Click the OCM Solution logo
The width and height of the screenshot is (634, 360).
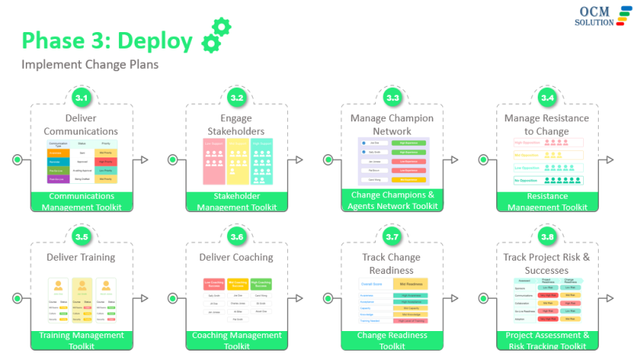pos(603,16)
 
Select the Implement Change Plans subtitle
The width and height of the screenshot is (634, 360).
pos(90,64)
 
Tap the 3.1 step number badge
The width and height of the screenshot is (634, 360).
pos(81,98)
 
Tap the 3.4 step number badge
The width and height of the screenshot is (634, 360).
pos(547,98)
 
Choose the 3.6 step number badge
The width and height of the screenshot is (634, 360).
pos(236,236)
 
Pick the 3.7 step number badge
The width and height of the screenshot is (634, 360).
pos(392,236)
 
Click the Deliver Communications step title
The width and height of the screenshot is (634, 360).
pos(81,124)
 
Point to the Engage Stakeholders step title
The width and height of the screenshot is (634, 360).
pos(236,124)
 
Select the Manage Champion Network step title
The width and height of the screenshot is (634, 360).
pos(392,124)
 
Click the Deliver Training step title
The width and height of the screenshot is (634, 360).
pos(81,257)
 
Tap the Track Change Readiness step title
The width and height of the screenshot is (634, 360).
pos(392,264)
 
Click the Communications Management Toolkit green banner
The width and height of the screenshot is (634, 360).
pos(81,202)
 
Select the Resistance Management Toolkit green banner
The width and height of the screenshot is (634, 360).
pos(547,202)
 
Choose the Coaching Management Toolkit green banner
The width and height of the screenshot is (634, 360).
pos(236,340)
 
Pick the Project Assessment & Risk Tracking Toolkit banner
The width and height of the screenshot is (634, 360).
pos(547,340)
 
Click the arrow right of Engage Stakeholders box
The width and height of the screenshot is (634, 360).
pos(299,160)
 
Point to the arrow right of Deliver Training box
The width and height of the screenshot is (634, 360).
pos(143,298)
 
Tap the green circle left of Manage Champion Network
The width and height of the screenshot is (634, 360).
pos(328,160)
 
